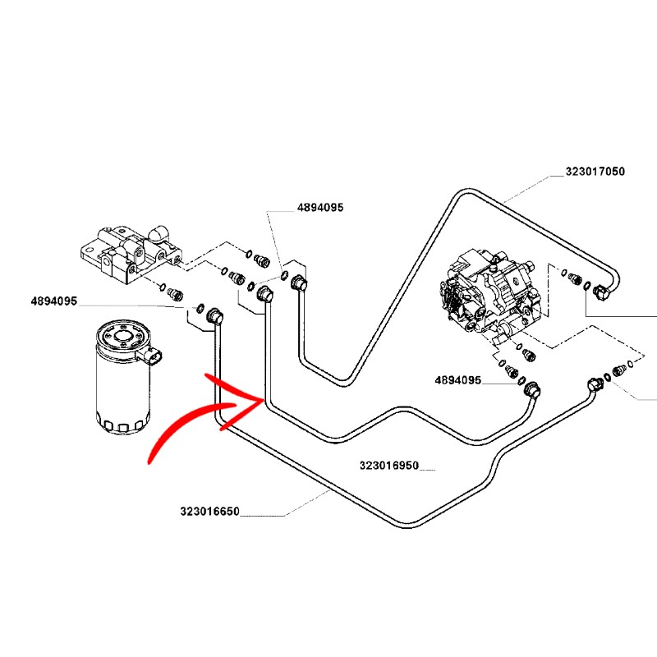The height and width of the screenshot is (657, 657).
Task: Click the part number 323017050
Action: tap(595, 172)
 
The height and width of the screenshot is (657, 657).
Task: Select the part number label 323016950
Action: tap(388, 466)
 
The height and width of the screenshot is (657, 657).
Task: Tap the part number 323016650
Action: tap(209, 512)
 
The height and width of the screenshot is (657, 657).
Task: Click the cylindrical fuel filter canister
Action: tap(121, 382)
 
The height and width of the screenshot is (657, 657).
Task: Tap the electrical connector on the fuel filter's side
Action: tap(154, 356)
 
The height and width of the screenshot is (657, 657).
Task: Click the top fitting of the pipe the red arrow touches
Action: tap(264, 295)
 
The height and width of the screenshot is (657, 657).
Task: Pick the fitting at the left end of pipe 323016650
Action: tap(215, 316)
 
